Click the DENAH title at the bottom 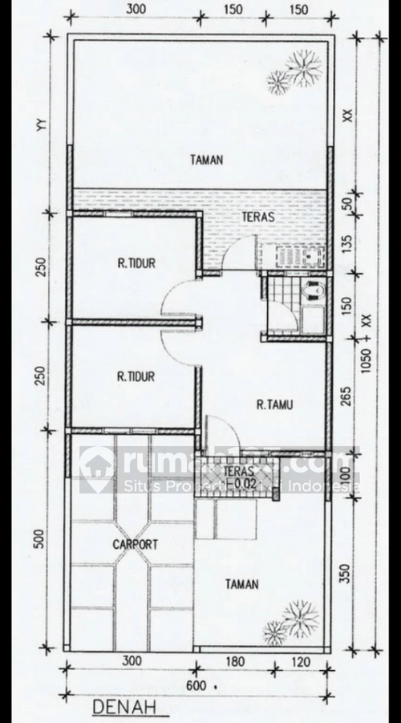click(123, 707)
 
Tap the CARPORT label click(135, 544)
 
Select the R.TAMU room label click(273, 404)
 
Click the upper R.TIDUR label click(136, 262)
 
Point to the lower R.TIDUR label click(136, 376)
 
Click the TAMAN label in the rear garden click(206, 160)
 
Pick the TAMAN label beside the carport click(241, 584)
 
